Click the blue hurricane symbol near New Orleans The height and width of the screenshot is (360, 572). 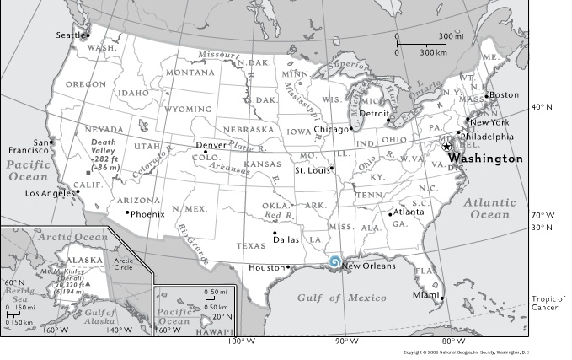(335, 263)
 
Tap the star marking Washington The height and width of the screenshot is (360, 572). (446, 147)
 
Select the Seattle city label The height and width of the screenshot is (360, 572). (71, 35)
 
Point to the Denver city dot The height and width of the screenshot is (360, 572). (205, 152)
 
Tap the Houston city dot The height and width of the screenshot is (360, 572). (288, 267)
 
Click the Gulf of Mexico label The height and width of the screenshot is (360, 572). (341, 298)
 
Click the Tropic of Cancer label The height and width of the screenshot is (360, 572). (548, 304)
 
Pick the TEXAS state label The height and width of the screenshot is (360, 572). (249, 246)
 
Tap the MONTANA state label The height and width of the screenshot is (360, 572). (190, 73)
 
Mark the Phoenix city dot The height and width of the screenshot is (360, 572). (127, 212)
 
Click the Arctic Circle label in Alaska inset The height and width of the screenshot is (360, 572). (124, 263)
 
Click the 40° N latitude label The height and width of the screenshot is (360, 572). (541, 107)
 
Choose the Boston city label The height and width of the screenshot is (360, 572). (504, 94)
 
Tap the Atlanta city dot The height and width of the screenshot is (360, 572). (390, 212)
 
